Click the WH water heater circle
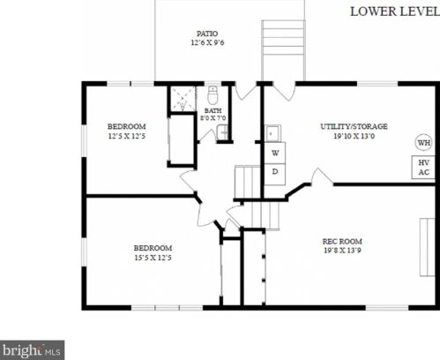pos(424,143)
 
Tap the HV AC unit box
pos(423,167)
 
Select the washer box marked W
pos(275,153)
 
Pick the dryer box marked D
pos(275,174)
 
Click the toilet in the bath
pos(213,94)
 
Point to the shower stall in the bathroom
pos(183,99)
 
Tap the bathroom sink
pos(222,132)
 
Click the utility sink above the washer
pos(273,133)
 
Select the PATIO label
pos(207,34)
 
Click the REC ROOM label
pos(342,242)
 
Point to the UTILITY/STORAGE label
pos(354,126)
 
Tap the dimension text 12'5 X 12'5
pos(127,136)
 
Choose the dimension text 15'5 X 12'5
pos(153,258)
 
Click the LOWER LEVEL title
pos(395,11)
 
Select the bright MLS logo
pos(32,350)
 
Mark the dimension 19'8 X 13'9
pos(342,251)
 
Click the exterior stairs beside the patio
pos(283,50)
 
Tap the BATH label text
pos(213,110)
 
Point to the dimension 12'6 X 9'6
pos(207,42)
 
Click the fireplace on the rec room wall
pos(427,247)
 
